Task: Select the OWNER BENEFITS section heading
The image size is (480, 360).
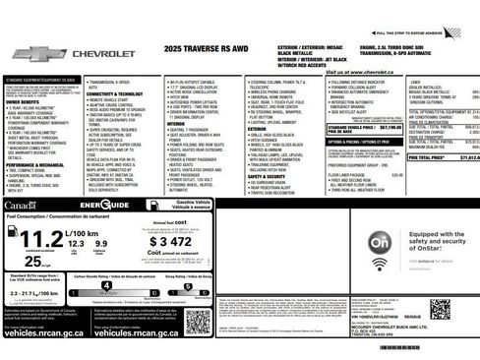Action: click(24, 100)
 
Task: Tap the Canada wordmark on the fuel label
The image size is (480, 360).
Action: click(19, 205)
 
